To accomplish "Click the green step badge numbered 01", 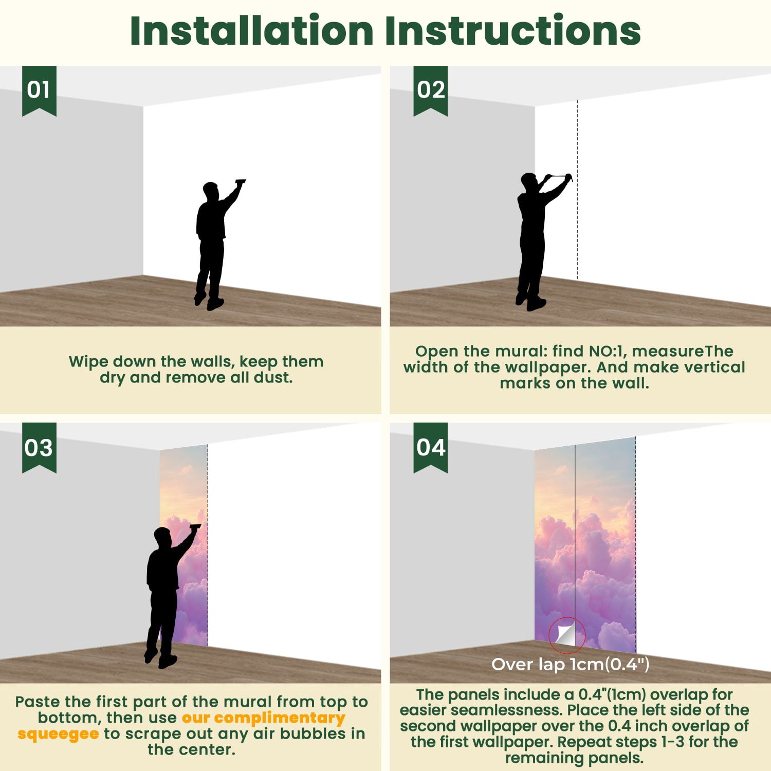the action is pos(39,90).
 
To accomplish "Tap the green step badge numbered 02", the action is pos(431,90).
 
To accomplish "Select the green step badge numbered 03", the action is pos(39,447).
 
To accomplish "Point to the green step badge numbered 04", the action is pos(431,447).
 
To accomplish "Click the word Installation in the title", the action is pos(251,31).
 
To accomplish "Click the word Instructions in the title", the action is pos(512,31).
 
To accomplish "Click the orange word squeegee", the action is pos(58,733).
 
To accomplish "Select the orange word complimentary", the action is pos(279,718).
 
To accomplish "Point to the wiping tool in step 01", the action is pos(240,181).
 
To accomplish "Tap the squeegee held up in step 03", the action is pos(195,526).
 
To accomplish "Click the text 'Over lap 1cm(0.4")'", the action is pos(571,664).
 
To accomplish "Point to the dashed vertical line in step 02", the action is pos(577,190).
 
